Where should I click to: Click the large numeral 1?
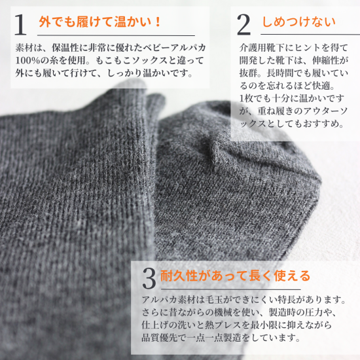click(x=20, y=25)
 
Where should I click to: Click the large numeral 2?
click(x=243, y=25)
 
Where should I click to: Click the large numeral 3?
click(x=149, y=278)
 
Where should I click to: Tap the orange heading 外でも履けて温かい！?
click(x=99, y=22)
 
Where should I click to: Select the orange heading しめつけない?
click(x=298, y=22)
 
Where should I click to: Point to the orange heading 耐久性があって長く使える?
click(x=236, y=276)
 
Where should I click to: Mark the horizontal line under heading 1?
click(x=116, y=35)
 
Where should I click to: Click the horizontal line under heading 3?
click(x=230, y=289)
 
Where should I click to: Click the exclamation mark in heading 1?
click(x=158, y=22)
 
